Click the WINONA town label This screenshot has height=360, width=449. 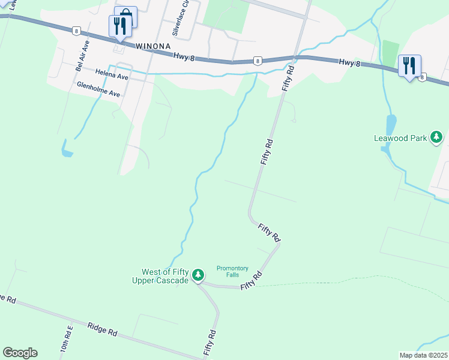pyautogui.click(x=153, y=46)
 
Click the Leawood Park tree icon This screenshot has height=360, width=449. pyautogui.click(x=436, y=137)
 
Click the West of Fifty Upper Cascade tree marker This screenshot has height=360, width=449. pyautogui.click(x=198, y=275)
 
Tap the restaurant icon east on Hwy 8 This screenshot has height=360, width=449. pyautogui.click(x=409, y=65)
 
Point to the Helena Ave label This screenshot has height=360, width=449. pyautogui.click(x=112, y=77)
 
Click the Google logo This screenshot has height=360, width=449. pyautogui.click(x=20, y=353)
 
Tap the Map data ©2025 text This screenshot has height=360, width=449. pyautogui.click(x=423, y=355)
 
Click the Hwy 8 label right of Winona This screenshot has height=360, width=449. pyautogui.click(x=184, y=56)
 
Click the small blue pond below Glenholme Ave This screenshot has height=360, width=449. pyautogui.click(x=65, y=149)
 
